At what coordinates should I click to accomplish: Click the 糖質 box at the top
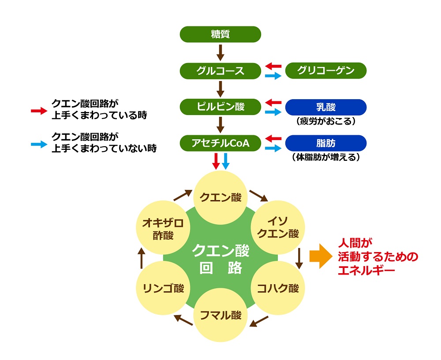pos(220,34)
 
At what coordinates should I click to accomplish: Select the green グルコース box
pos(220,71)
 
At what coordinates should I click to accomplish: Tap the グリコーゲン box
pos(326,71)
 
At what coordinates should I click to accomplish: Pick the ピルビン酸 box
pos(220,107)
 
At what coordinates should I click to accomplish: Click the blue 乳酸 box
pos(326,107)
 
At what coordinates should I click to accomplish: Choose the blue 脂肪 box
pos(326,143)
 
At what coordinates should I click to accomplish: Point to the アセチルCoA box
pos(220,143)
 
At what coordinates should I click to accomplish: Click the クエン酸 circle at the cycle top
pos(220,197)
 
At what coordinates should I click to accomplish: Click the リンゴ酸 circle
pos(163,289)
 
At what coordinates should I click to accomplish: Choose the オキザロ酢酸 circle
pos(163,228)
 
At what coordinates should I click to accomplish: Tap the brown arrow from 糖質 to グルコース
pos(220,52)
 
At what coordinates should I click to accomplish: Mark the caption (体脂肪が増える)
pos(326,157)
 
